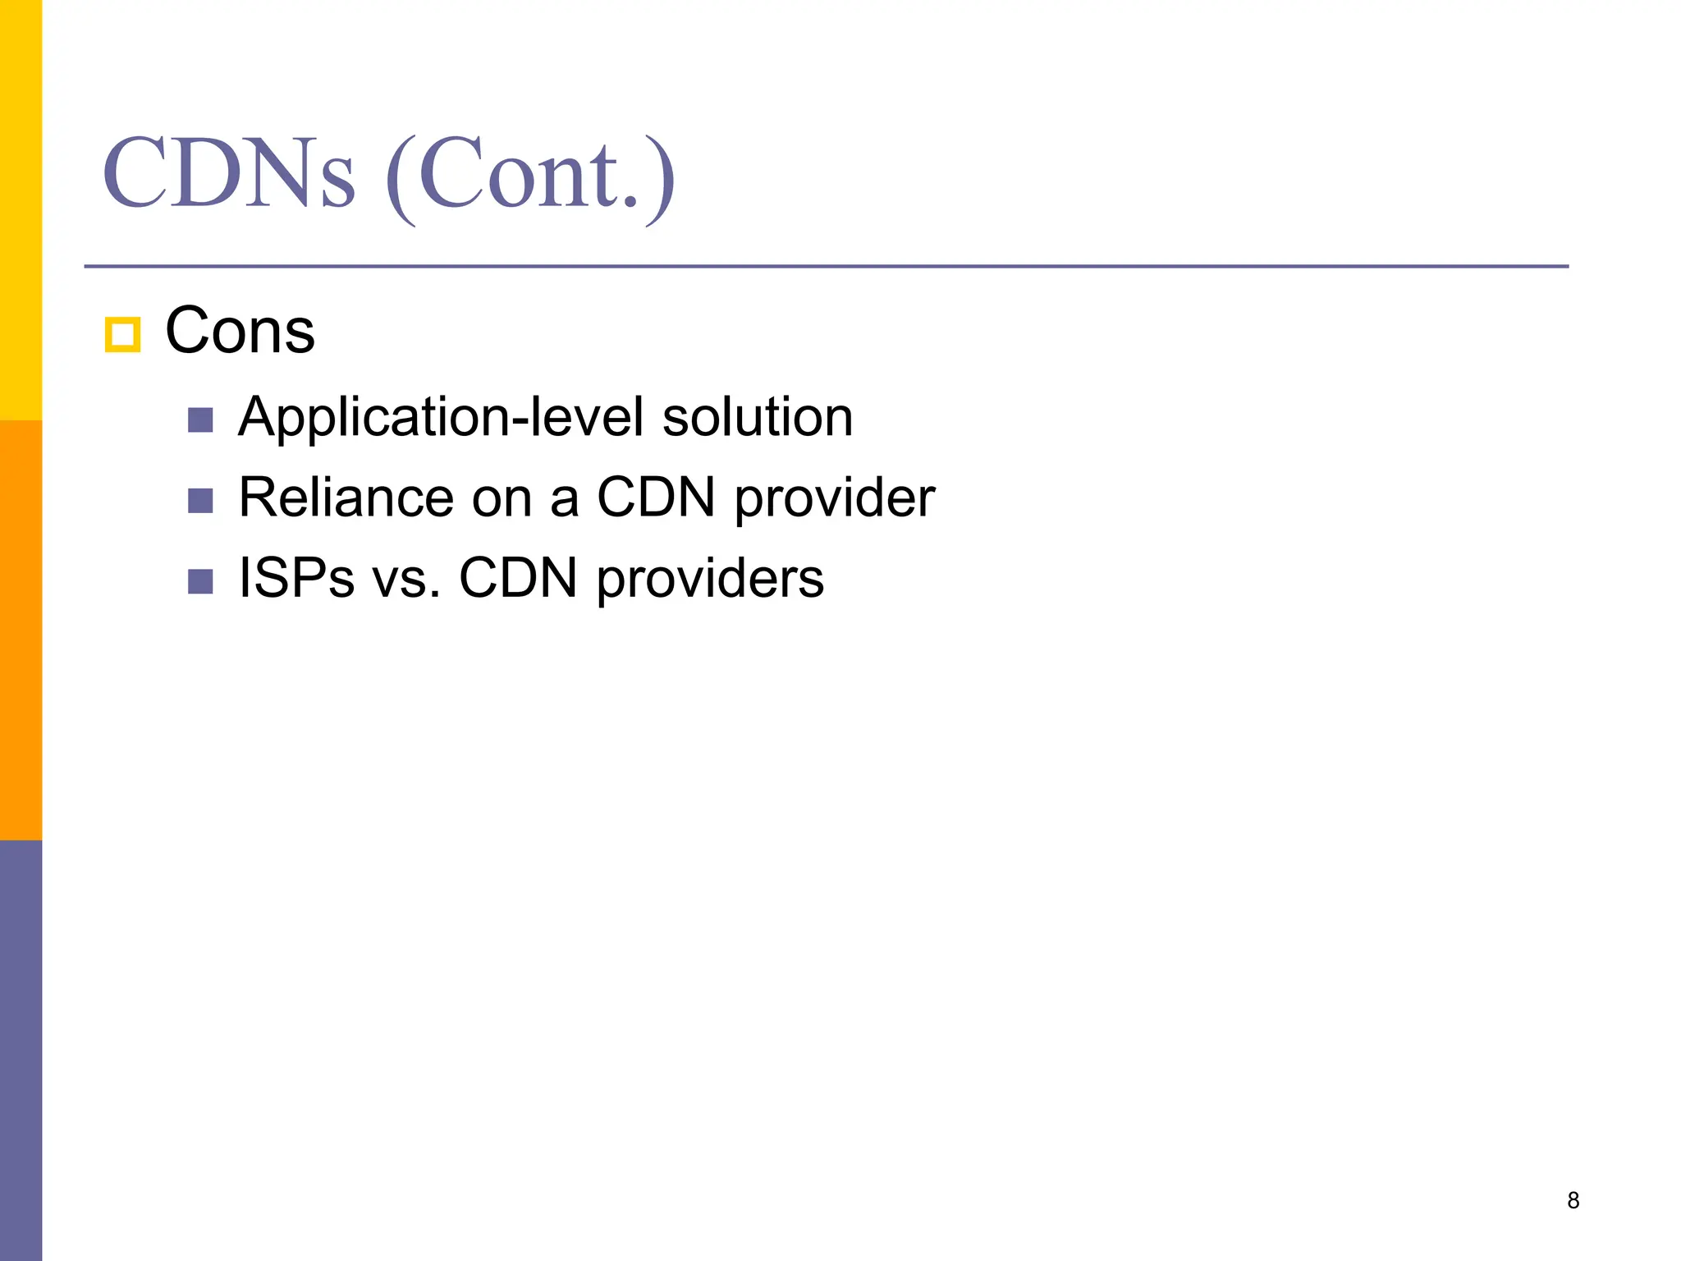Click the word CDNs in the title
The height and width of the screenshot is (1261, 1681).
coord(229,173)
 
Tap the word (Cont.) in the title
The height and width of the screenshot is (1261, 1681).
coord(530,177)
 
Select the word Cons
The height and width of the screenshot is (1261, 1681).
coord(240,331)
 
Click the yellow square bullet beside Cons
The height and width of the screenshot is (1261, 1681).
coord(122,335)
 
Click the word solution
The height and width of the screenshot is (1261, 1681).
coord(757,417)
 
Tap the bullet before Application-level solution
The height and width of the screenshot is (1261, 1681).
coord(200,420)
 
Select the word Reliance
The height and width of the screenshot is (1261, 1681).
coord(346,498)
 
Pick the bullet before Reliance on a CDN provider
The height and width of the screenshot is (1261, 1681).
coord(200,501)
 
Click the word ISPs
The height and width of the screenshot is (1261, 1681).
coord(296,578)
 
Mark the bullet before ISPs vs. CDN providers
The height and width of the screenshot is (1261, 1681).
coord(200,581)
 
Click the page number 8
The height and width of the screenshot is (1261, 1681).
coord(1573,1200)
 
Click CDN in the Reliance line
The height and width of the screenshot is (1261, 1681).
coord(656,498)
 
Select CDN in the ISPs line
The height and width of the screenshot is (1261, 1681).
coord(518,578)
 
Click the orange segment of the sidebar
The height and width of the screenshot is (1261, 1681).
coord(21,630)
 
